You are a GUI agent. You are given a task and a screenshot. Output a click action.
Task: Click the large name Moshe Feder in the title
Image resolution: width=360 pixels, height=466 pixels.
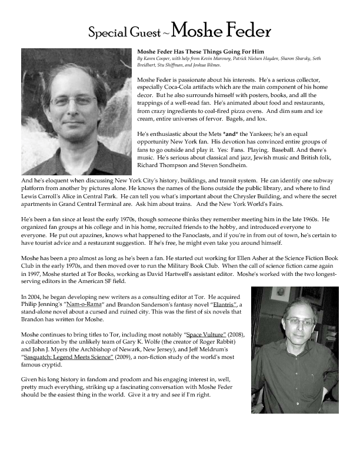(223, 30)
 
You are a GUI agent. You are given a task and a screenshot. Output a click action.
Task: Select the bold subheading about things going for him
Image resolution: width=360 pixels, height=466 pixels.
(192, 52)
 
